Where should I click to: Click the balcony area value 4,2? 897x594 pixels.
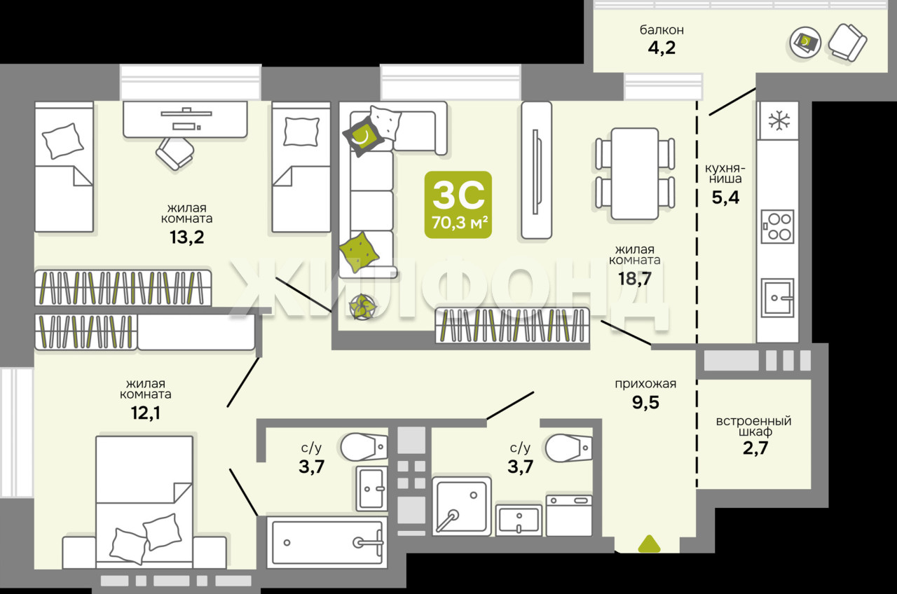(x=662, y=48)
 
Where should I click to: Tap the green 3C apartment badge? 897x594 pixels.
(x=458, y=205)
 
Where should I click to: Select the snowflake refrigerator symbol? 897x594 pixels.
(x=779, y=120)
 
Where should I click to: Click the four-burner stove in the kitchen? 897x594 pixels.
(x=778, y=226)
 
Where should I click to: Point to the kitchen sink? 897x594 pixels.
(x=777, y=298)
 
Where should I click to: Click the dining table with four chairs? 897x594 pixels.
(x=635, y=174)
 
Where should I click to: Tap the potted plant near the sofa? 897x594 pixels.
(x=363, y=307)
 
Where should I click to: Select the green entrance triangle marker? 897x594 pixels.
(x=649, y=544)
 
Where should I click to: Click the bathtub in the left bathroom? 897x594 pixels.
(x=327, y=542)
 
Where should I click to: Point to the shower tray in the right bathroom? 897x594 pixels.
(x=462, y=506)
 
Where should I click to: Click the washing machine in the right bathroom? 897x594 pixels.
(x=569, y=516)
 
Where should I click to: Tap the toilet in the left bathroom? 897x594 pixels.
(x=364, y=446)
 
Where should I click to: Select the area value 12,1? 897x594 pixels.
(x=145, y=413)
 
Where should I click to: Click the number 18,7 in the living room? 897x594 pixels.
(x=635, y=278)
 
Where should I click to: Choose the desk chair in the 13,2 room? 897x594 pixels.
(x=175, y=153)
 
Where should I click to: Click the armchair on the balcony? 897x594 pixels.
(x=848, y=43)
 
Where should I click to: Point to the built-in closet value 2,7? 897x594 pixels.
(x=755, y=448)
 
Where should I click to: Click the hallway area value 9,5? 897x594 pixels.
(x=645, y=402)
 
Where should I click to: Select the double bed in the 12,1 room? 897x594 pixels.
(x=144, y=502)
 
